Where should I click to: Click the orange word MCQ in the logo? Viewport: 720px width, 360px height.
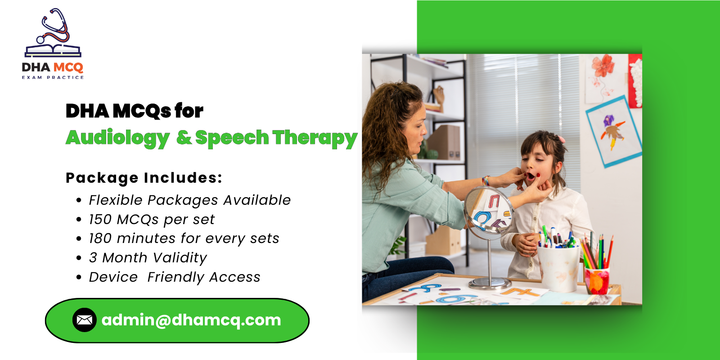pos(68,67)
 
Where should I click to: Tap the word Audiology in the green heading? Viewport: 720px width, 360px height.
pos(118,138)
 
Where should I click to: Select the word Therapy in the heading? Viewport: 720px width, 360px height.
pos(315,138)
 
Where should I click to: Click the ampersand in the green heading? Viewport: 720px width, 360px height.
pos(184,137)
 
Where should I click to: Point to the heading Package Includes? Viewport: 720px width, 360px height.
pos(144,178)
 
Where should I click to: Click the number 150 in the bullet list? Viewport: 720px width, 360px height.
pos(100,220)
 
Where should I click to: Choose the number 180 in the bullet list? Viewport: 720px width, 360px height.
pos(100,238)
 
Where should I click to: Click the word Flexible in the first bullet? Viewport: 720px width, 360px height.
pos(116,200)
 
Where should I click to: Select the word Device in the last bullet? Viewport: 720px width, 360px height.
pos(113,277)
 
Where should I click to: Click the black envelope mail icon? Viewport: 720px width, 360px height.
pos(84,320)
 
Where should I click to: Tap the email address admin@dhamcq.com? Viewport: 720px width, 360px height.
pos(191,320)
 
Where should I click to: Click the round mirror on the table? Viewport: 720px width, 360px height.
pos(488,211)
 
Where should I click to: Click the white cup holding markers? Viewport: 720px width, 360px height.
pos(558,268)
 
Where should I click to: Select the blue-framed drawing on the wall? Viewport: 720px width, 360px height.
pos(614,131)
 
